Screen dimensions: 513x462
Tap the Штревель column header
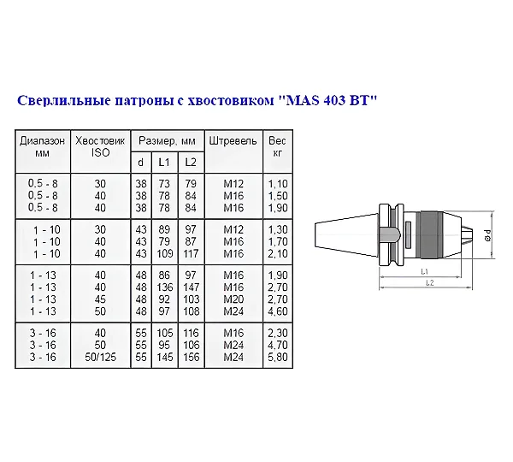click(233, 141)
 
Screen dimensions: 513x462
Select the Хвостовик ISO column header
click(100, 146)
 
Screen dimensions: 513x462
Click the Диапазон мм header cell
click(42, 146)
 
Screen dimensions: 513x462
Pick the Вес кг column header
click(277, 146)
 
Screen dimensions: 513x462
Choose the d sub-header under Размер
click(141, 162)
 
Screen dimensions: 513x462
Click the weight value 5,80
click(277, 357)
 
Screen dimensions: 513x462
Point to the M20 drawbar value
click(233, 299)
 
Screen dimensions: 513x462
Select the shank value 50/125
click(100, 357)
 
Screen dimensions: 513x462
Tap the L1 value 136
click(164, 287)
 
